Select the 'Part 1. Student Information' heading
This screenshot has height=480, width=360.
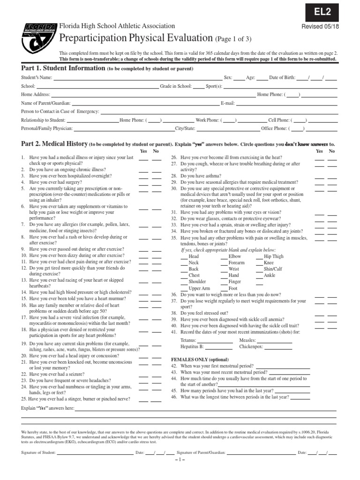point(63,68)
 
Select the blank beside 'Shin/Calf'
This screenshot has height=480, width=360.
point(259,270)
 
